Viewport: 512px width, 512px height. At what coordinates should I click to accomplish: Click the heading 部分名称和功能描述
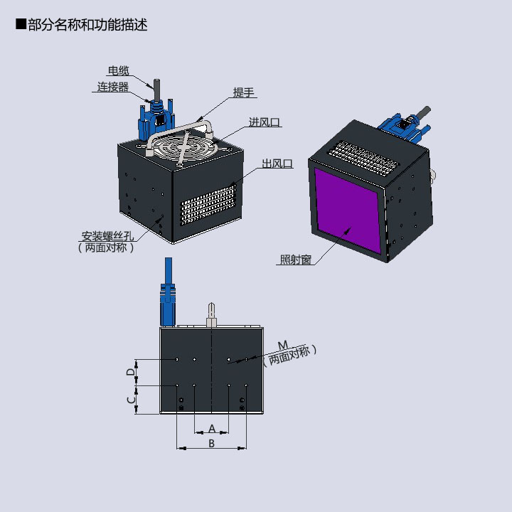(87, 25)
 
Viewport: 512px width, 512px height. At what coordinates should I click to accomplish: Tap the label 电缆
(119, 70)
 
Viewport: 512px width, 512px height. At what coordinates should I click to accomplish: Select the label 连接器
(113, 87)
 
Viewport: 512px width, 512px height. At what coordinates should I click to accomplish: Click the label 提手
(244, 92)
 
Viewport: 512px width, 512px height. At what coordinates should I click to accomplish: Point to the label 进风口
(265, 122)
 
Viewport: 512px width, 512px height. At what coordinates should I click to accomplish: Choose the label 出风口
(277, 164)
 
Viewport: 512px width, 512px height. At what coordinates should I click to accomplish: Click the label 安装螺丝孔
(107, 236)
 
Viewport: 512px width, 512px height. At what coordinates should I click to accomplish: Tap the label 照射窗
(296, 260)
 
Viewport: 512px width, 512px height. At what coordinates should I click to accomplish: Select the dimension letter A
(212, 428)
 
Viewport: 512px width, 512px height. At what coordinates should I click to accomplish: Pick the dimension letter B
(212, 444)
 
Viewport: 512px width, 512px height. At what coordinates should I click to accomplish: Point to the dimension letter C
(131, 400)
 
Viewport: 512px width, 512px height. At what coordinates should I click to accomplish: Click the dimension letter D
(131, 372)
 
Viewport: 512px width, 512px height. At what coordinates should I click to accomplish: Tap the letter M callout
(283, 345)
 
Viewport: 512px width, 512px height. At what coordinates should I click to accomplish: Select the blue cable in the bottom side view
(168, 292)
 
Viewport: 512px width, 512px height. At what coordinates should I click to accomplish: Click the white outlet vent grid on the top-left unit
(208, 205)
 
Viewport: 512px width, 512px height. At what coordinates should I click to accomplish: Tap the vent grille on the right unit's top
(363, 158)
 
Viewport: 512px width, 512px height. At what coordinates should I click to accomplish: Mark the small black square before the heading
(21, 24)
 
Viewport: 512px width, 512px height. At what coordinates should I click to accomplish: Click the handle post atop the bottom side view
(211, 314)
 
